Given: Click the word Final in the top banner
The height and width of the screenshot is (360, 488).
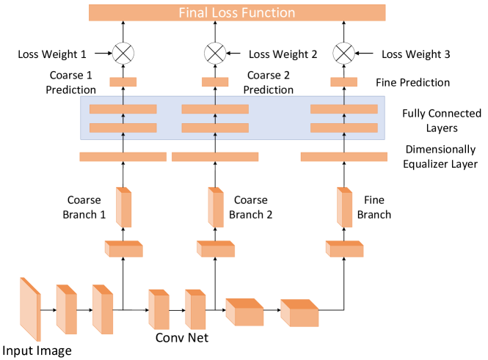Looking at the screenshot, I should pyautogui.click(x=194, y=13).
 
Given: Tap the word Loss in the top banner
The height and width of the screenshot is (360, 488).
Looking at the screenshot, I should pyautogui.click(x=227, y=13).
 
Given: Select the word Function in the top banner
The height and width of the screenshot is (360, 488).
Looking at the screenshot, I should pyautogui.click(x=269, y=13).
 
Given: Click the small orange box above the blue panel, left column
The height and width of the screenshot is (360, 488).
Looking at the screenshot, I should pyautogui.click(x=123, y=82).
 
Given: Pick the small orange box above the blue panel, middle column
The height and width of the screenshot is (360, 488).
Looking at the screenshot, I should pyautogui.click(x=215, y=82).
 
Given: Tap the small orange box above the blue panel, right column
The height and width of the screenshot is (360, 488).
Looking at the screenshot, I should pyautogui.click(x=343, y=82).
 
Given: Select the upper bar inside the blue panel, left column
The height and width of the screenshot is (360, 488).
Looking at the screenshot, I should pyautogui.click(x=123, y=109).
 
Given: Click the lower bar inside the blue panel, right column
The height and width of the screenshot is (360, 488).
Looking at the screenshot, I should pyautogui.click(x=343, y=128).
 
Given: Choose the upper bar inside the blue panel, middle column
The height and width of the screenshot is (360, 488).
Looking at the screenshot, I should pyautogui.click(x=215, y=109).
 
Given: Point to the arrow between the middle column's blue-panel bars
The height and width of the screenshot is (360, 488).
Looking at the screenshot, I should pyautogui.click(x=215, y=118).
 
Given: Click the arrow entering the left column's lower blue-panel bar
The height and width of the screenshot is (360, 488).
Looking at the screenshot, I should pyautogui.click(x=123, y=136).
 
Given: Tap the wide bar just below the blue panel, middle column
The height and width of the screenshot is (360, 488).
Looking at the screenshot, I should pyautogui.click(x=215, y=156).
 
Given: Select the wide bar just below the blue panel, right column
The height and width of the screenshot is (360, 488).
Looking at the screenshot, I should pyautogui.click(x=343, y=156).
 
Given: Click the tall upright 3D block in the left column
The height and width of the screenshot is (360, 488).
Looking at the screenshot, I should pyautogui.click(x=124, y=207).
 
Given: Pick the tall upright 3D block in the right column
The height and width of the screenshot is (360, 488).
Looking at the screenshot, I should pyautogui.click(x=345, y=207).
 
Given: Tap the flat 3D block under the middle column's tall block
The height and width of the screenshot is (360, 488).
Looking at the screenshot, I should pyautogui.click(x=216, y=249).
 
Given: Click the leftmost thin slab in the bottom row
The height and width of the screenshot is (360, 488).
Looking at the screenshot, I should pyautogui.click(x=30, y=309).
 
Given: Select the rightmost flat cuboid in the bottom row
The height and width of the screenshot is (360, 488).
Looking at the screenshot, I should pyautogui.click(x=299, y=313).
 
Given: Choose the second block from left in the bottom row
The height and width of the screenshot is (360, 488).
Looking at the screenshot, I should pyautogui.click(x=66, y=309).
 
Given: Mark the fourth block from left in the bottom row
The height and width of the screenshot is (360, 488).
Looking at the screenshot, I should pyautogui.click(x=159, y=309).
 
